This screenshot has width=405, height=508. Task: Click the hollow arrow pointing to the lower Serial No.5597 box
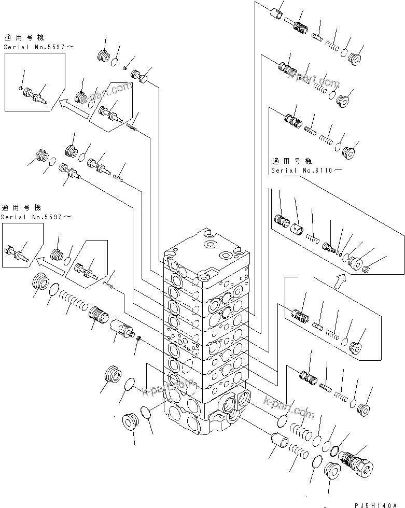(52, 266)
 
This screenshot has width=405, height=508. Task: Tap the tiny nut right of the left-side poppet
(138, 338)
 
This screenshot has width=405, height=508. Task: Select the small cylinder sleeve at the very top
(277, 15)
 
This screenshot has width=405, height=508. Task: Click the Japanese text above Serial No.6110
(290, 161)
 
